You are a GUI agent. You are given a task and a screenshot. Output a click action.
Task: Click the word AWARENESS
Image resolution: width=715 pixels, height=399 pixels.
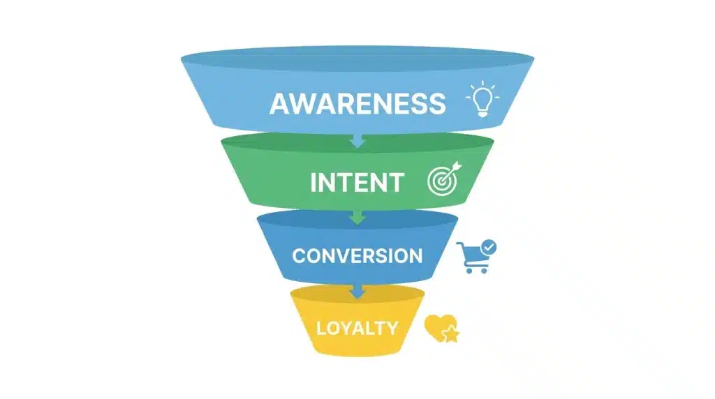(357, 103)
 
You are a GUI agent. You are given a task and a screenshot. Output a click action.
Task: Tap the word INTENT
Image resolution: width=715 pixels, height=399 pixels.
(357, 183)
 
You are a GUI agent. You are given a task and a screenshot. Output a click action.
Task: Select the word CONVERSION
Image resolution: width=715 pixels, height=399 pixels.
(357, 256)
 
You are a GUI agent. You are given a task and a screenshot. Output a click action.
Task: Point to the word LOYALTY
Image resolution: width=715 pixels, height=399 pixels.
(357, 328)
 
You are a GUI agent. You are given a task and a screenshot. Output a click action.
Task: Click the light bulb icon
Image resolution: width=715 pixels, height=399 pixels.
(482, 99)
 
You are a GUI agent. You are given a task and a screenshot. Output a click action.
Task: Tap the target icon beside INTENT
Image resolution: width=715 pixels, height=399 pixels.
(444, 179)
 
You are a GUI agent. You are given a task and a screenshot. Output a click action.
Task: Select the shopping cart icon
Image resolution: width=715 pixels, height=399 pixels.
(473, 258)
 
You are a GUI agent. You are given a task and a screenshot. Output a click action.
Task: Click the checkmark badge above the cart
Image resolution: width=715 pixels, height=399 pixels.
(488, 248)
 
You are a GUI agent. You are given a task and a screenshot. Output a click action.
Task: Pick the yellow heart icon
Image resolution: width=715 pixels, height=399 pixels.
(438, 327)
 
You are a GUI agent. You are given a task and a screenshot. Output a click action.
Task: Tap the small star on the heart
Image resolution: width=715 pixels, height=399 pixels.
(451, 334)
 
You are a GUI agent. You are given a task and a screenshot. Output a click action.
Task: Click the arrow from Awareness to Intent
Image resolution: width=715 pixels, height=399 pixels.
(357, 141)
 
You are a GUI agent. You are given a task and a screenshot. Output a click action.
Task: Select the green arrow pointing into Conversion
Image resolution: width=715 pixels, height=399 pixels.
(357, 217)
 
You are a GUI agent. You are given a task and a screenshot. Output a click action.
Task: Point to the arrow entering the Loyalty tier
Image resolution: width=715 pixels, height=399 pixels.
(357, 292)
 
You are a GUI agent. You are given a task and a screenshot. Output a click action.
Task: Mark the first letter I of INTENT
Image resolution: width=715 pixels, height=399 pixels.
(314, 183)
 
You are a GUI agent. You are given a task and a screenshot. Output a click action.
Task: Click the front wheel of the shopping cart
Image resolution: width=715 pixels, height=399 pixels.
(470, 271)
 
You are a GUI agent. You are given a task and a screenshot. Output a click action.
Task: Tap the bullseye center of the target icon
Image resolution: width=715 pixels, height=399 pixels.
(441, 182)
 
